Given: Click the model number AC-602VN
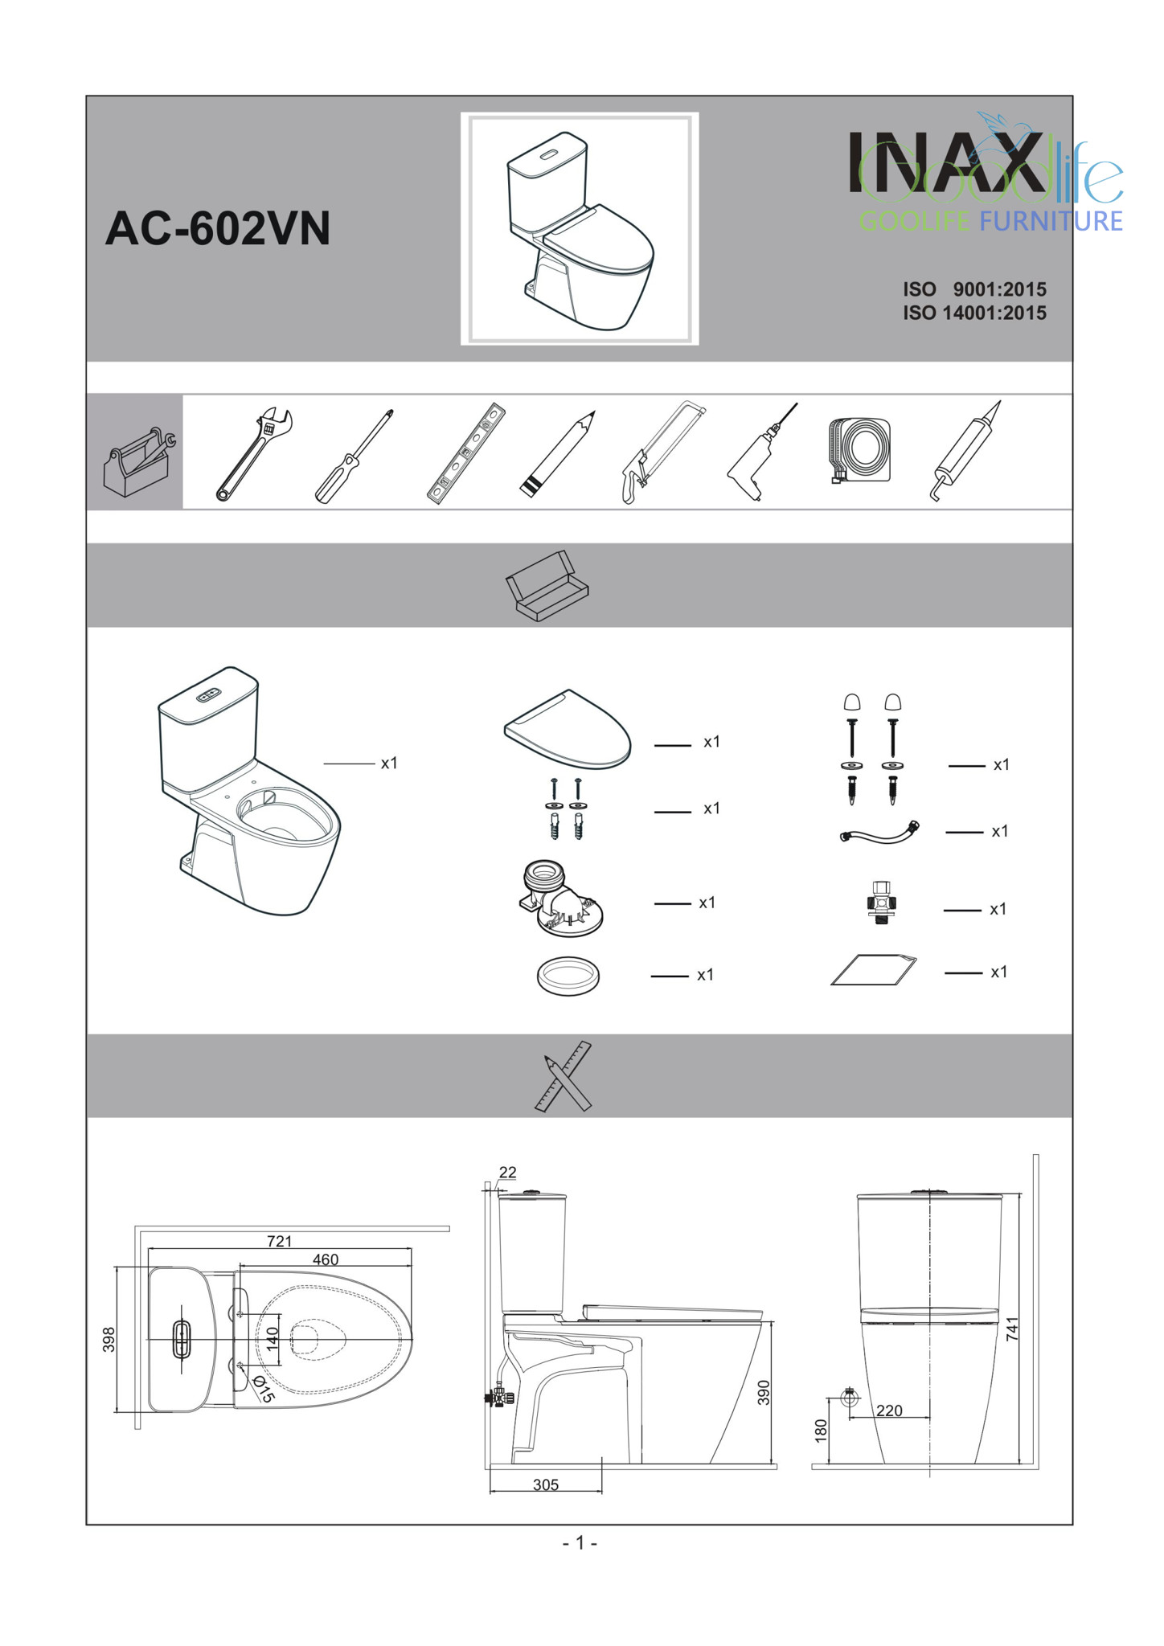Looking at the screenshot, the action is pos(218,228).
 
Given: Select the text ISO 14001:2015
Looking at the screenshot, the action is pos(974,313).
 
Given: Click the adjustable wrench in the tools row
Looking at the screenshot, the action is pos(254,454).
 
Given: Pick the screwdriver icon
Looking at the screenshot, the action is pos(354,457).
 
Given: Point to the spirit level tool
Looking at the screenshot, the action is pos(466,453).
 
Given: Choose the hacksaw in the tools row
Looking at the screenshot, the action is pos(662,452).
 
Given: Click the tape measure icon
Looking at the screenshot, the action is pos(859,451).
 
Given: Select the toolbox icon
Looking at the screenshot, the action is pos(139,462).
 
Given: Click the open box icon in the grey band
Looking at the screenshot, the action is pos(547,586).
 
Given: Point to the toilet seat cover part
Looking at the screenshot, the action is pos(568,729).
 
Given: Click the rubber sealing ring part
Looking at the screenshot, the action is pos(568,976).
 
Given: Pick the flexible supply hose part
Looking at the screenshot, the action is pos(879,832).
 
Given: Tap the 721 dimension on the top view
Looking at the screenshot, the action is pos(279,1241).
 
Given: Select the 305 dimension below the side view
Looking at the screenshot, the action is pos(546,1485).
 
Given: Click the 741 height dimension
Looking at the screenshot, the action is pos(1012,1329).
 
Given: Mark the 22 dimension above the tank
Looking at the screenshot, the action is pos(507,1173).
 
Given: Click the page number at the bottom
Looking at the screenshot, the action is pos(580,1543).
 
